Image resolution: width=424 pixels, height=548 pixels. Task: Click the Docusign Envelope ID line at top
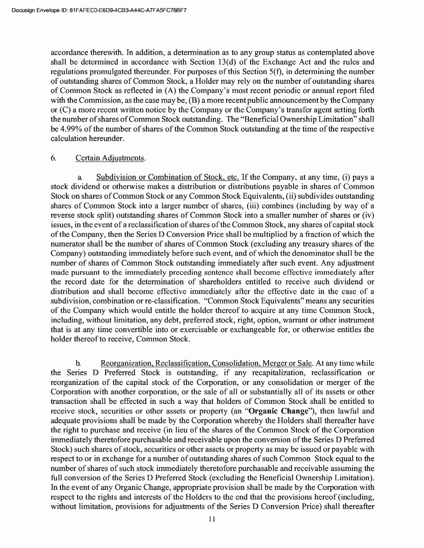pyautogui.click(x=98, y=10)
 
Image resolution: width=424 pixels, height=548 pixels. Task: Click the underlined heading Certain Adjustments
pyautogui.click(x=110, y=158)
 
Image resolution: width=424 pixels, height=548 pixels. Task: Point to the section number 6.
pyautogui.click(x=53, y=158)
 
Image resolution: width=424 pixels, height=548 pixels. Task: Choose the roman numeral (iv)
pyautogui.click(x=367, y=215)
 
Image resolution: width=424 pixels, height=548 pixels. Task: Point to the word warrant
pyautogui.click(x=299, y=320)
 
